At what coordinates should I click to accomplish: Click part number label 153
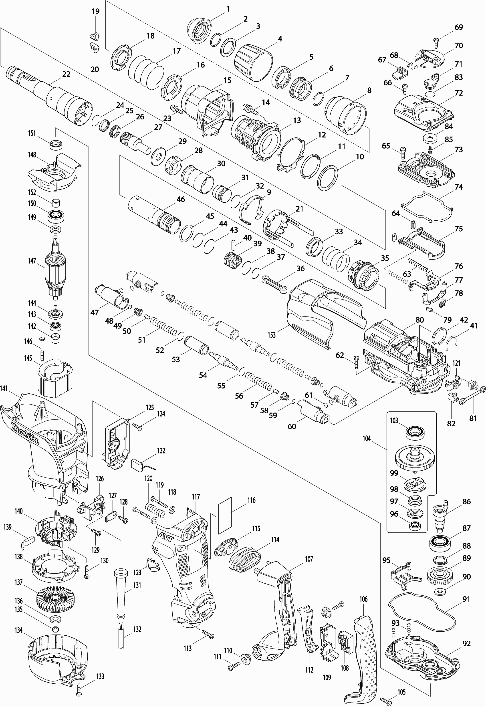click(272, 335)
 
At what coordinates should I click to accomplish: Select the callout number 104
click(367, 438)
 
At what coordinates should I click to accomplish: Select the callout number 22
click(66, 74)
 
